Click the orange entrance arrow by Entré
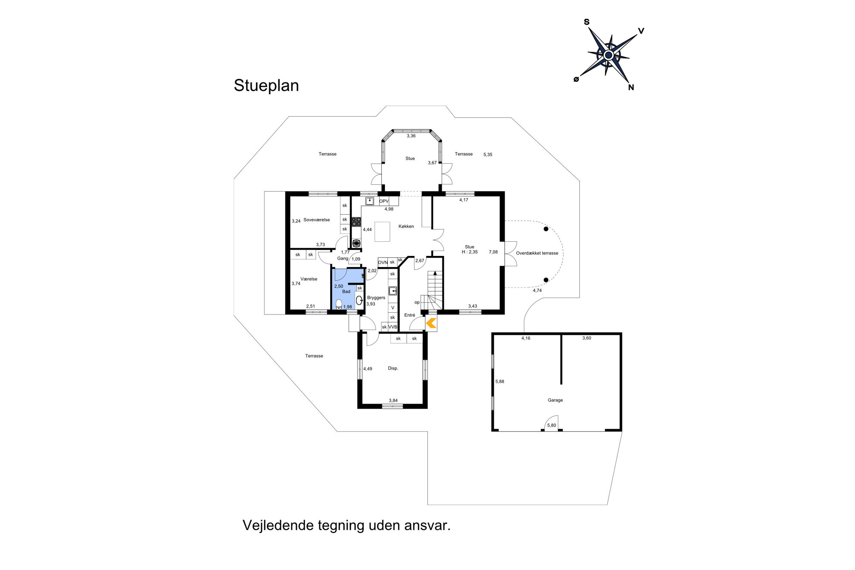(x=431, y=323)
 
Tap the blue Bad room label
(x=346, y=292)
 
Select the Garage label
(x=555, y=400)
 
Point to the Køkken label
(x=406, y=226)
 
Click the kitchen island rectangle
(x=382, y=231)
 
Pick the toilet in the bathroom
(x=339, y=304)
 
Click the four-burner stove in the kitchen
(x=356, y=222)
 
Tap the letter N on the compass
(x=631, y=87)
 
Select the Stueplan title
(x=266, y=86)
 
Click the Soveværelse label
(x=316, y=220)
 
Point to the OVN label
(x=383, y=262)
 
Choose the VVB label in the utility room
(x=393, y=327)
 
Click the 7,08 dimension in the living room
(x=493, y=252)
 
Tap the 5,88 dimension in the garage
(x=499, y=382)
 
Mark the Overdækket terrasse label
(x=537, y=253)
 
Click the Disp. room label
(x=393, y=368)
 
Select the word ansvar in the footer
(x=427, y=526)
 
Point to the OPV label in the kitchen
(x=384, y=201)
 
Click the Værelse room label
(x=309, y=279)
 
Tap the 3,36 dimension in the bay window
(x=411, y=136)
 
